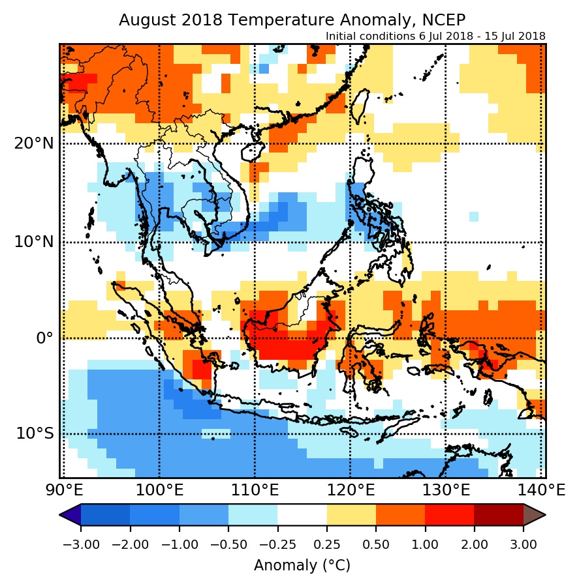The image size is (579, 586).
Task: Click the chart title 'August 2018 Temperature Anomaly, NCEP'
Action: [x=292, y=20]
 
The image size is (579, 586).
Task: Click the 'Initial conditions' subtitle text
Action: [x=435, y=37]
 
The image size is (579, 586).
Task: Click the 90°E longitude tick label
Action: [x=63, y=490]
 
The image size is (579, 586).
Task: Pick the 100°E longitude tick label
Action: [x=159, y=490]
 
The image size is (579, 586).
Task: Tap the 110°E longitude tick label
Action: [x=255, y=490]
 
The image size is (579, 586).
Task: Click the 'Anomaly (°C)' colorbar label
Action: [x=302, y=565]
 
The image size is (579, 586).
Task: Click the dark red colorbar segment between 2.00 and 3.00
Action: [x=499, y=515]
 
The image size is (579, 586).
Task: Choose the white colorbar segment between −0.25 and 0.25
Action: [x=302, y=515]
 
